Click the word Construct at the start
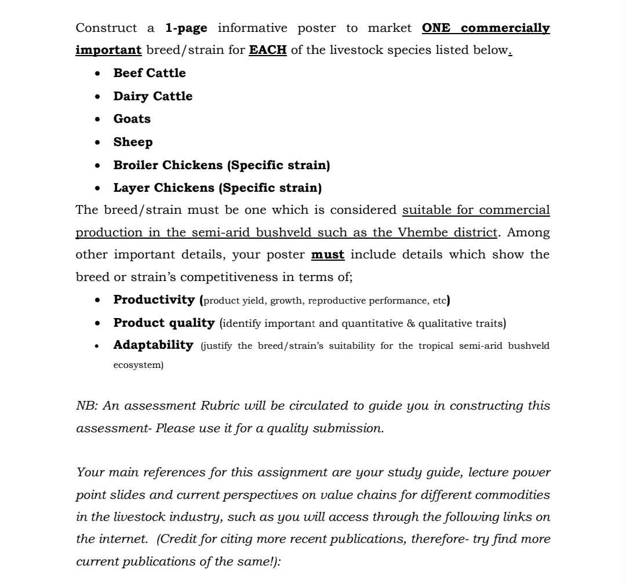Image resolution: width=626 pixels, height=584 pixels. [107, 28]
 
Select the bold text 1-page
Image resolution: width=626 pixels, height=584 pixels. [186, 28]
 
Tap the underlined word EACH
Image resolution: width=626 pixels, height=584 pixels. [268, 50]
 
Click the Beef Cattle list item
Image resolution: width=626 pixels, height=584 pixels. [150, 73]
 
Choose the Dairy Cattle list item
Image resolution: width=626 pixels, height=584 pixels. [152, 96]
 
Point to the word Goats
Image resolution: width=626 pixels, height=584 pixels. [132, 119]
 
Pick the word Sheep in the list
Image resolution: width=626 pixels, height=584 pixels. [133, 142]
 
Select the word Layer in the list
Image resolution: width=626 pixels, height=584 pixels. [131, 188]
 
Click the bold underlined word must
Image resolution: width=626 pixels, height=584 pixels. [327, 254]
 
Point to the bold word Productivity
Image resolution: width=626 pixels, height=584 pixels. [154, 300]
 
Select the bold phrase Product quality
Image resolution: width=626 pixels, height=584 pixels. [163, 323]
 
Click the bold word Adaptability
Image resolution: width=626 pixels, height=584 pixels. [153, 345]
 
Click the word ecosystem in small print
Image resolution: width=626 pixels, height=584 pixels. [138, 366]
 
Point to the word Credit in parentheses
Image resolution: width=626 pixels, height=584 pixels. [180, 539]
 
